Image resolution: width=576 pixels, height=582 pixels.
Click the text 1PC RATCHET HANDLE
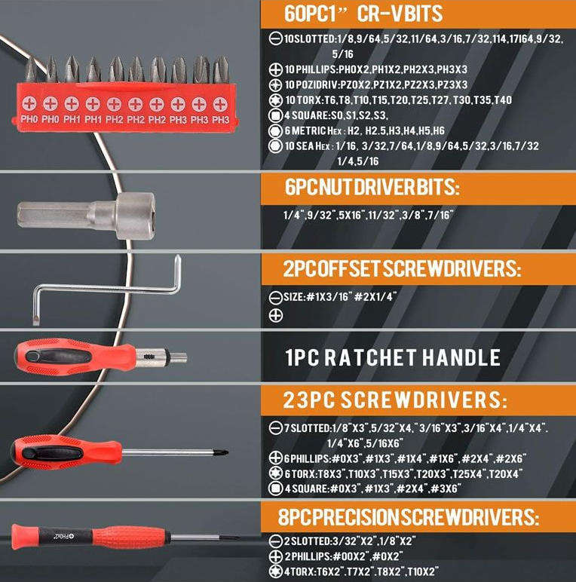point(393,357)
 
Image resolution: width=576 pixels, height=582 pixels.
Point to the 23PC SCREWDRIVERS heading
point(396,399)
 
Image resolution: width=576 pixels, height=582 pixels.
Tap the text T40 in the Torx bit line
point(500,100)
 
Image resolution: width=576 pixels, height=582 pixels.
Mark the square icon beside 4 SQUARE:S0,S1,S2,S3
point(275,116)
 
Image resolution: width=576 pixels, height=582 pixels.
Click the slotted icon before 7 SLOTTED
point(275,429)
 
